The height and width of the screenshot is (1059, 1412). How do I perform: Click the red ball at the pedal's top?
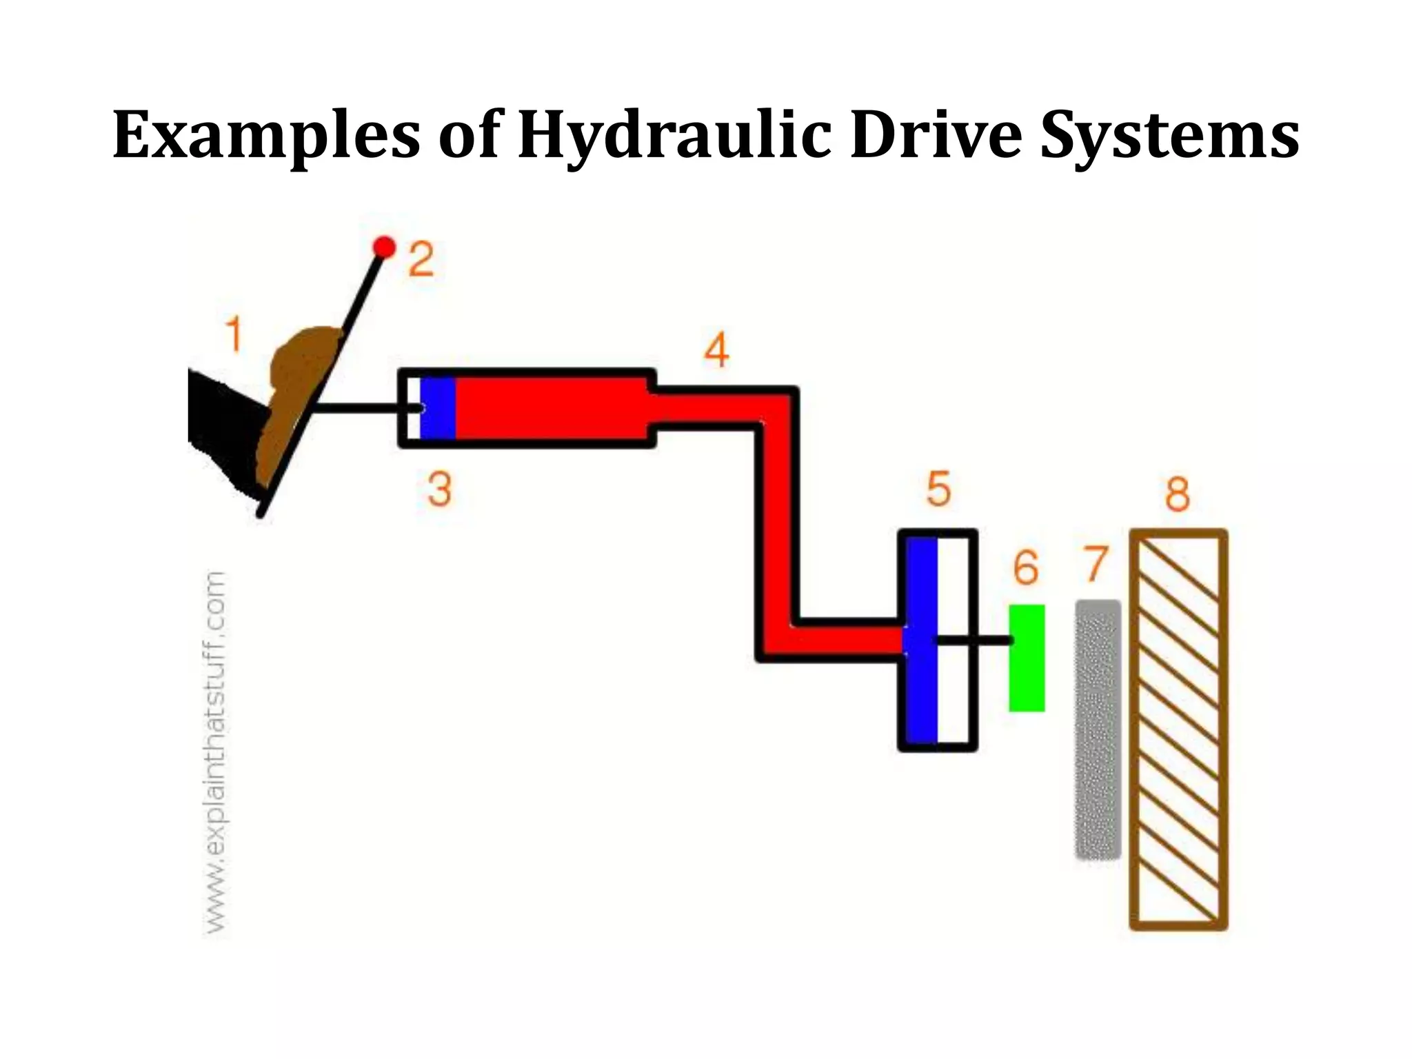pos(384,246)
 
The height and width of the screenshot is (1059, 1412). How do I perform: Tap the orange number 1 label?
pos(234,334)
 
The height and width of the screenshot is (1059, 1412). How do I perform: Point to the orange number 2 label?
pos(421,259)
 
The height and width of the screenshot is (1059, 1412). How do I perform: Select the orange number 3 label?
pos(439,490)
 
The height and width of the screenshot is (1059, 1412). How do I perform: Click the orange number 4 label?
pos(716,350)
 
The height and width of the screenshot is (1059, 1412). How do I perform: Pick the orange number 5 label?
pos(938,489)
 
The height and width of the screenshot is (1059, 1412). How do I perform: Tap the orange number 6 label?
pos(1026,568)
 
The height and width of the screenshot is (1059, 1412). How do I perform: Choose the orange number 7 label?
pos(1095,563)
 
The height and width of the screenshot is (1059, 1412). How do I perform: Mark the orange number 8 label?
pos(1178,494)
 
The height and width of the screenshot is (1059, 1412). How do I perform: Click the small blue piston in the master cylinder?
pos(438,408)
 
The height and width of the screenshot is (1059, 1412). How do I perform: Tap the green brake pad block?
pos(1027,658)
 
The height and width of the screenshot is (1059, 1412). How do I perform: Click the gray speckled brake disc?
pos(1098,729)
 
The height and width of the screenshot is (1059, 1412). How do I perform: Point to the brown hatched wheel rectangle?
pos(1179,729)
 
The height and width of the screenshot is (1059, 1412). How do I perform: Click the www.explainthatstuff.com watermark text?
pos(216,752)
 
